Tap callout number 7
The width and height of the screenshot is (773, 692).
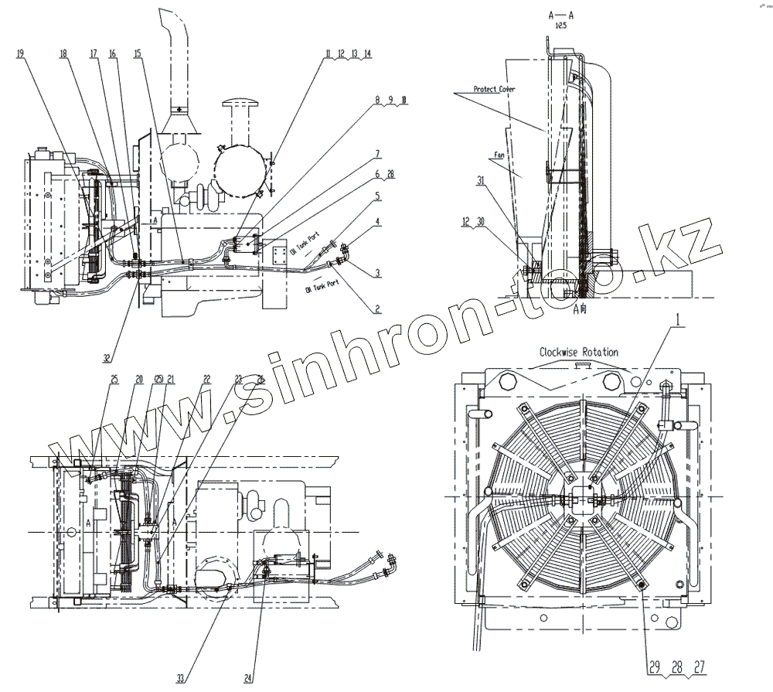(378, 153)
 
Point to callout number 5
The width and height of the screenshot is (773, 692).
(378, 196)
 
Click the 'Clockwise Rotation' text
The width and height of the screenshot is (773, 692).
(578, 352)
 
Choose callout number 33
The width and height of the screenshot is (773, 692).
(180, 678)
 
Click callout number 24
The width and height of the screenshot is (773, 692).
(248, 678)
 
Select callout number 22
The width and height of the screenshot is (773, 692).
(206, 379)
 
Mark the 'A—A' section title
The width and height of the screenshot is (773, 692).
(561, 15)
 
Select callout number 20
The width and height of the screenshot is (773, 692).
(139, 379)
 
